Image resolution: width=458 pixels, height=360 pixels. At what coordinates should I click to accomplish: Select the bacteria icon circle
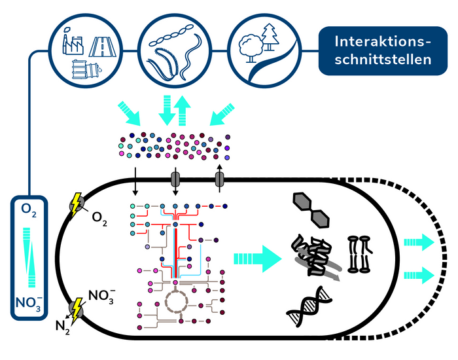point(173,48)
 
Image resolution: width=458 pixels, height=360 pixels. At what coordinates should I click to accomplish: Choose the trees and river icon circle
point(263,48)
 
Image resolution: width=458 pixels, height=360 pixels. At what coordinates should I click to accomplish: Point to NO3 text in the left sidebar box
point(29,304)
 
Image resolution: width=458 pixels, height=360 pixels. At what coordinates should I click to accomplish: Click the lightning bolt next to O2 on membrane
point(77,204)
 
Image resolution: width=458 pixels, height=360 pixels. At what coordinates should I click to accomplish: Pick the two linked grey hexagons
point(311,211)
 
